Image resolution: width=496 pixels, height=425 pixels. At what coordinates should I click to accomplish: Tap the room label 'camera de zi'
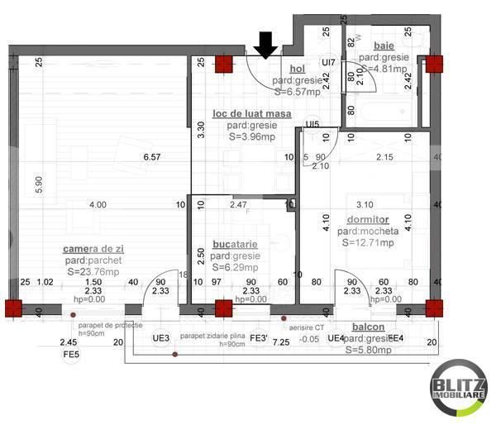pyautogui.click(x=93, y=249)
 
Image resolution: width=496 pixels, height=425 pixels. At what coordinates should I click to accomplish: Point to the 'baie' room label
pyautogui.click(x=384, y=45)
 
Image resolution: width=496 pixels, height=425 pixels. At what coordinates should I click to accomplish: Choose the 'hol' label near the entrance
pyautogui.click(x=298, y=69)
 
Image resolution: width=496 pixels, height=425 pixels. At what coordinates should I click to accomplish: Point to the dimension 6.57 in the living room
pyautogui.click(x=151, y=156)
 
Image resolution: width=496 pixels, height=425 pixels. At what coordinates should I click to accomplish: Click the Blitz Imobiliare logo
pyautogui.click(x=457, y=389)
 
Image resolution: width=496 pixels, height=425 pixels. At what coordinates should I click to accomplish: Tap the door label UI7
pyautogui.click(x=328, y=62)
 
